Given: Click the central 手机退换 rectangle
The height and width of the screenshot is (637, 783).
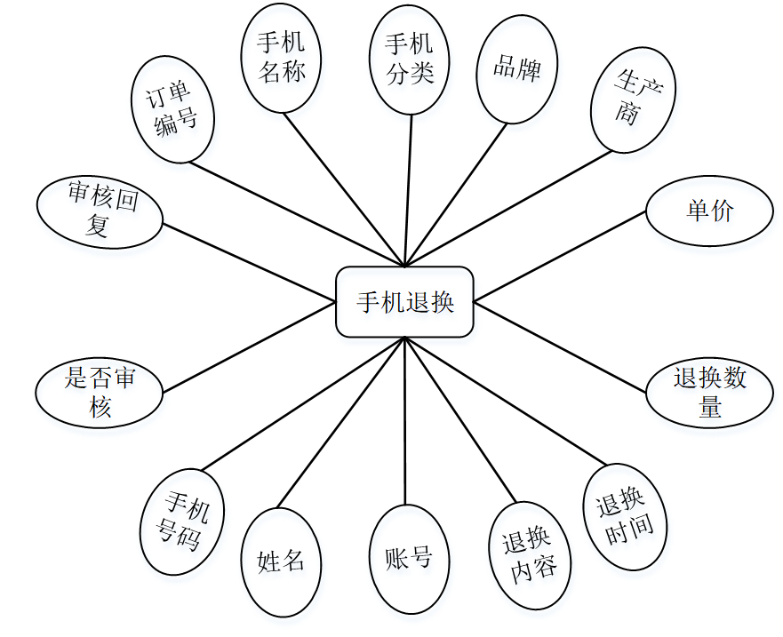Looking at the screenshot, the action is [x=404, y=302].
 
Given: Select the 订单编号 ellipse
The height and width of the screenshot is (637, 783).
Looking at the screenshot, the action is [x=175, y=109].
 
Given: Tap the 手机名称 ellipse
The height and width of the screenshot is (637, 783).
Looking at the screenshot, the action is [x=281, y=59].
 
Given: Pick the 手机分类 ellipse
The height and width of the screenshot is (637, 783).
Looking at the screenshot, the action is [x=410, y=60].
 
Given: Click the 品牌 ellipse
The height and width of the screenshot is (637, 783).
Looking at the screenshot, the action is [x=516, y=69].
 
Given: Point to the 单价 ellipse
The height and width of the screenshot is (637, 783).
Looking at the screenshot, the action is [x=709, y=211].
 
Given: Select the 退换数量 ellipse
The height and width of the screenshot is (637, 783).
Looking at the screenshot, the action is [x=709, y=393].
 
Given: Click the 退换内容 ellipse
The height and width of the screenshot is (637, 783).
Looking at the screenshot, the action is [x=530, y=555].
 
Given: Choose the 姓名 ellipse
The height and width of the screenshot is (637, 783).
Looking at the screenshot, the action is [x=281, y=562].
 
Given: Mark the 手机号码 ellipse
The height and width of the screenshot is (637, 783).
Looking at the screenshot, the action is [x=183, y=522].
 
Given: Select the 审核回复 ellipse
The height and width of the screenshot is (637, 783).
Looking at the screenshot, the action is [x=100, y=212].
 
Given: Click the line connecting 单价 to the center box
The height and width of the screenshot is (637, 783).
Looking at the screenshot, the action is [x=560, y=256].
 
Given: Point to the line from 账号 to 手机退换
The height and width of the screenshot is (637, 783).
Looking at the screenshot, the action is [x=405, y=422].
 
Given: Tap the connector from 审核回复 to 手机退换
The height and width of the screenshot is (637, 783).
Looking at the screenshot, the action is [x=249, y=261].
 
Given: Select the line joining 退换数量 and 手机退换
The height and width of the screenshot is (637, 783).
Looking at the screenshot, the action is [x=560, y=347].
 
